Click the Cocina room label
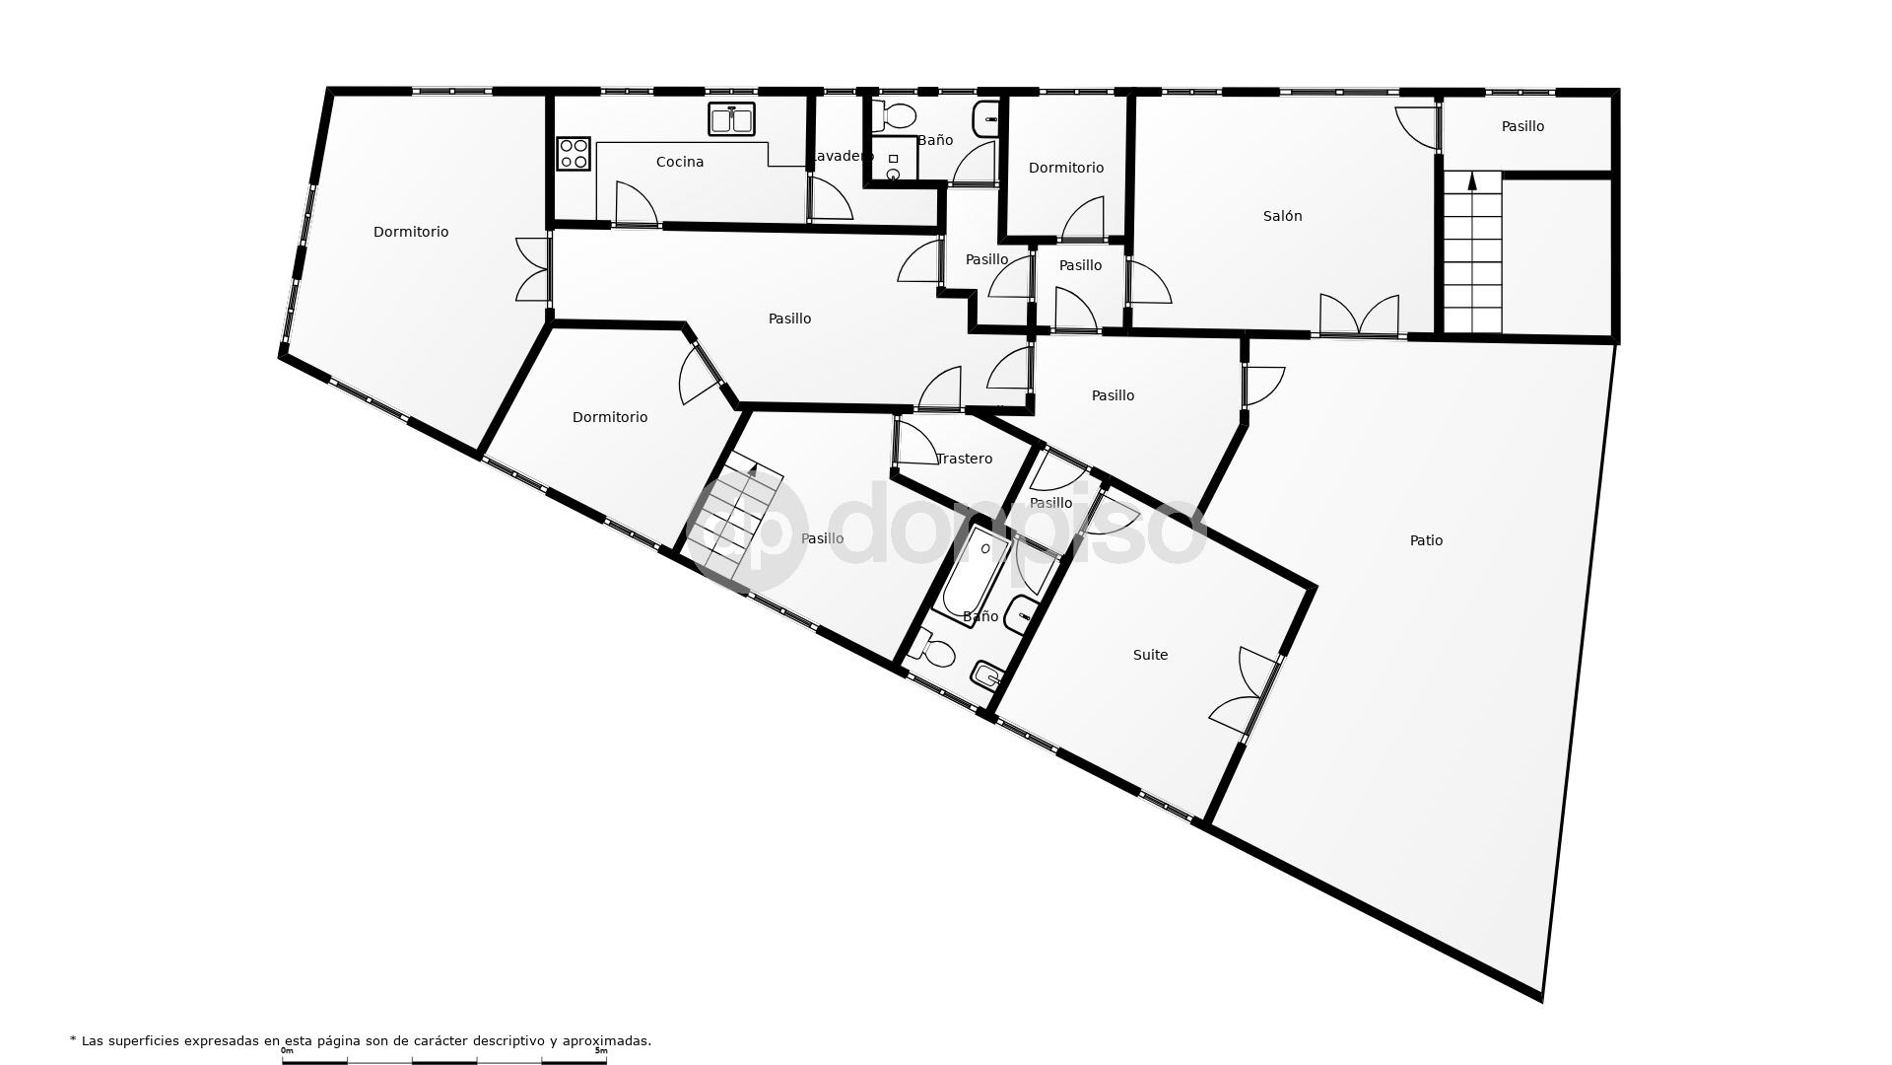pos(680,162)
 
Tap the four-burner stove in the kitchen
pos(574,154)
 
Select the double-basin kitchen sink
pos(731,119)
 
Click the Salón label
pos(1282,216)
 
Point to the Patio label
pos(1426,540)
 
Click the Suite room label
pos(1150,655)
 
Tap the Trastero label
pos(964,459)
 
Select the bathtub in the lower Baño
pos(975,572)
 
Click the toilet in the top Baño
pos(894,115)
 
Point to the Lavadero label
pos(840,156)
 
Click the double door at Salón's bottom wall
pos(1359,318)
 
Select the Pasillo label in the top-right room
pos(1522,126)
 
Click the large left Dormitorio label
pos(411,232)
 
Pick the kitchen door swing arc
pos(636,203)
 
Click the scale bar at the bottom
pos(444,1060)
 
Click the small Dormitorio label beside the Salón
pos(1065,168)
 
